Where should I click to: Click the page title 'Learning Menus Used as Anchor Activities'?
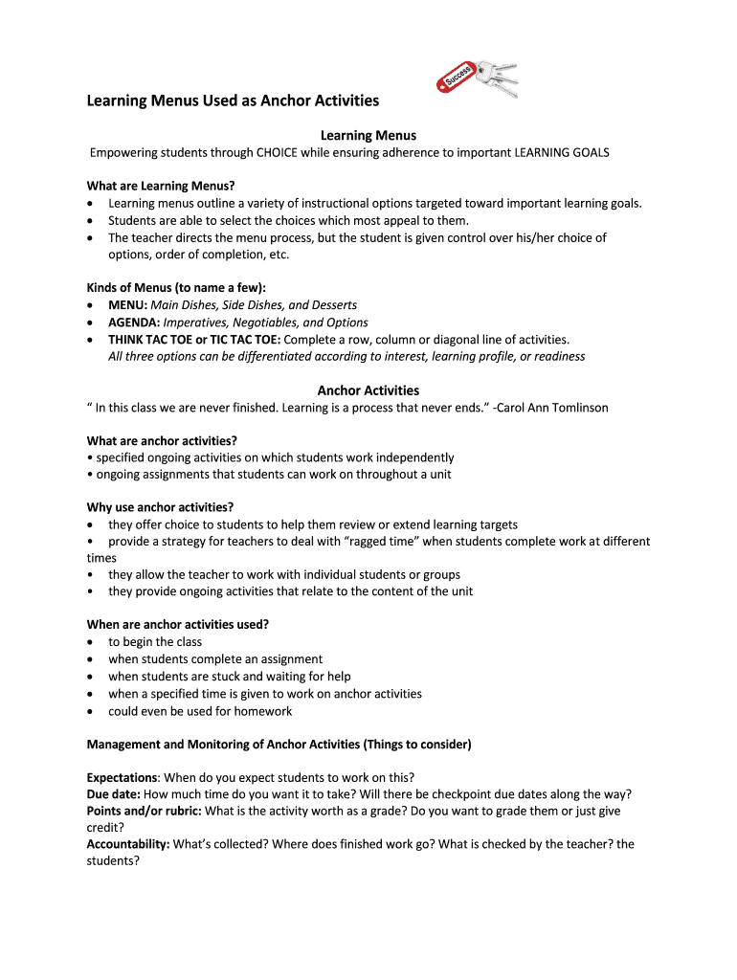point(233,100)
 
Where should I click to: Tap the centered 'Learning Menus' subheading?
point(368,136)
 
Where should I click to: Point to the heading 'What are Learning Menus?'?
point(161,186)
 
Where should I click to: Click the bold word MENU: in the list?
point(128,305)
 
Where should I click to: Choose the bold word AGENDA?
point(134,323)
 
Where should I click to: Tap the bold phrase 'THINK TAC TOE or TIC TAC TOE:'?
point(194,340)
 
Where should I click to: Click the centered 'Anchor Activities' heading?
point(368,390)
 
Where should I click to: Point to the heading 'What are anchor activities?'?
point(162,441)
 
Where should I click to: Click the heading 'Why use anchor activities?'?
point(160,507)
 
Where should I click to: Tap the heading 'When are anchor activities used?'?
point(178,624)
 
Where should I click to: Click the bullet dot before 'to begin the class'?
point(90,642)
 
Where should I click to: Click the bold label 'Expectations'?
point(122,777)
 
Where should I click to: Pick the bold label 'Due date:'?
point(113,794)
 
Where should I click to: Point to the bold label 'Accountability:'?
point(128,844)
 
